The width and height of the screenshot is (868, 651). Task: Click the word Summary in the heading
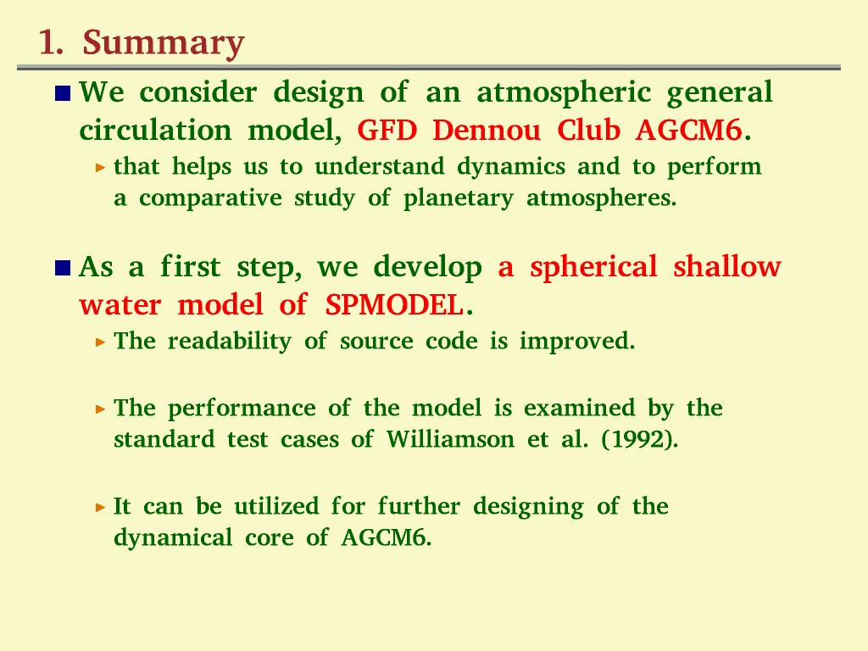pos(164,44)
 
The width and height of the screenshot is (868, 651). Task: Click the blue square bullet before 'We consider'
pos(63,93)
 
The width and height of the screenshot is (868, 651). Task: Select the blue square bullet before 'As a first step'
pos(63,268)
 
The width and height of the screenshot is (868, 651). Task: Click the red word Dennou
pos(486,131)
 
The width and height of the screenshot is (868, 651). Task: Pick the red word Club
pos(588,131)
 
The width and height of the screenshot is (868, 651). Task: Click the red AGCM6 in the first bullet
pos(688,131)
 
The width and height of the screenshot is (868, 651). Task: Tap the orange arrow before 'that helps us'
pos(100,167)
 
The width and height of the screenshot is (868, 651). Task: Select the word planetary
pos(459,198)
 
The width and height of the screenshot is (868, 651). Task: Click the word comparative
pos(210,198)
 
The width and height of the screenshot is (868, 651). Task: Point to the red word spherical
pos(593,267)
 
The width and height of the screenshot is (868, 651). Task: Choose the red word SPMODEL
pos(393,305)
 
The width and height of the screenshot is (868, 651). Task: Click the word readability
pos(229,342)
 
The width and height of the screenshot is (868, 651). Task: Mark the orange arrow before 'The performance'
pos(100,409)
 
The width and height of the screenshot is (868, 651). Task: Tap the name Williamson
pos(450,440)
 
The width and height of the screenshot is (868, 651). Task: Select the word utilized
pos(276,507)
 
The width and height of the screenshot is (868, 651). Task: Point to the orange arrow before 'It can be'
pos(100,507)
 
